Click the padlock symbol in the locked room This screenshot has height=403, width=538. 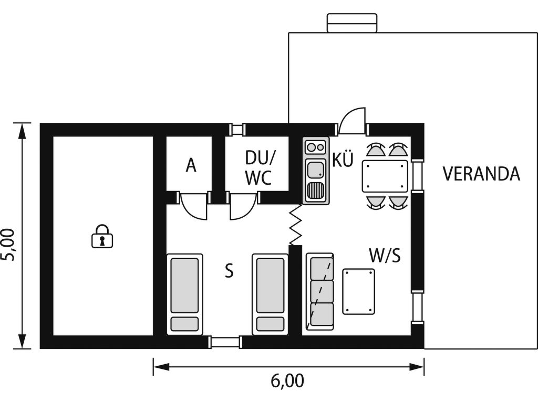[x=102, y=237]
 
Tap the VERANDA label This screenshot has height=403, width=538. [x=481, y=174]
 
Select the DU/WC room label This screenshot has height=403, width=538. [x=260, y=168]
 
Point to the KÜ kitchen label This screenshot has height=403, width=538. [x=343, y=160]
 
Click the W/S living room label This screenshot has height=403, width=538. [x=385, y=255]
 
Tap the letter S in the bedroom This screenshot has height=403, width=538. [x=229, y=270]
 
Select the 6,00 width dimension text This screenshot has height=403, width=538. [x=287, y=380]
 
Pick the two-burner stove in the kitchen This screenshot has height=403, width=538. [x=316, y=147]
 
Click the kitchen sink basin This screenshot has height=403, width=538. [x=316, y=169]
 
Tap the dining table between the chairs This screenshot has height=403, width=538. [x=385, y=176]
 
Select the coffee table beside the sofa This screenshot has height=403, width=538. [x=358, y=291]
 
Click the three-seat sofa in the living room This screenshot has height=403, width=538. [x=320, y=292]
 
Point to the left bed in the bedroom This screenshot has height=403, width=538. [x=184, y=294]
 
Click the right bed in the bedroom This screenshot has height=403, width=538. [x=270, y=294]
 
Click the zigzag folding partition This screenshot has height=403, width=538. [x=295, y=225]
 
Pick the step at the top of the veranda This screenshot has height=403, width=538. [x=352, y=23]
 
